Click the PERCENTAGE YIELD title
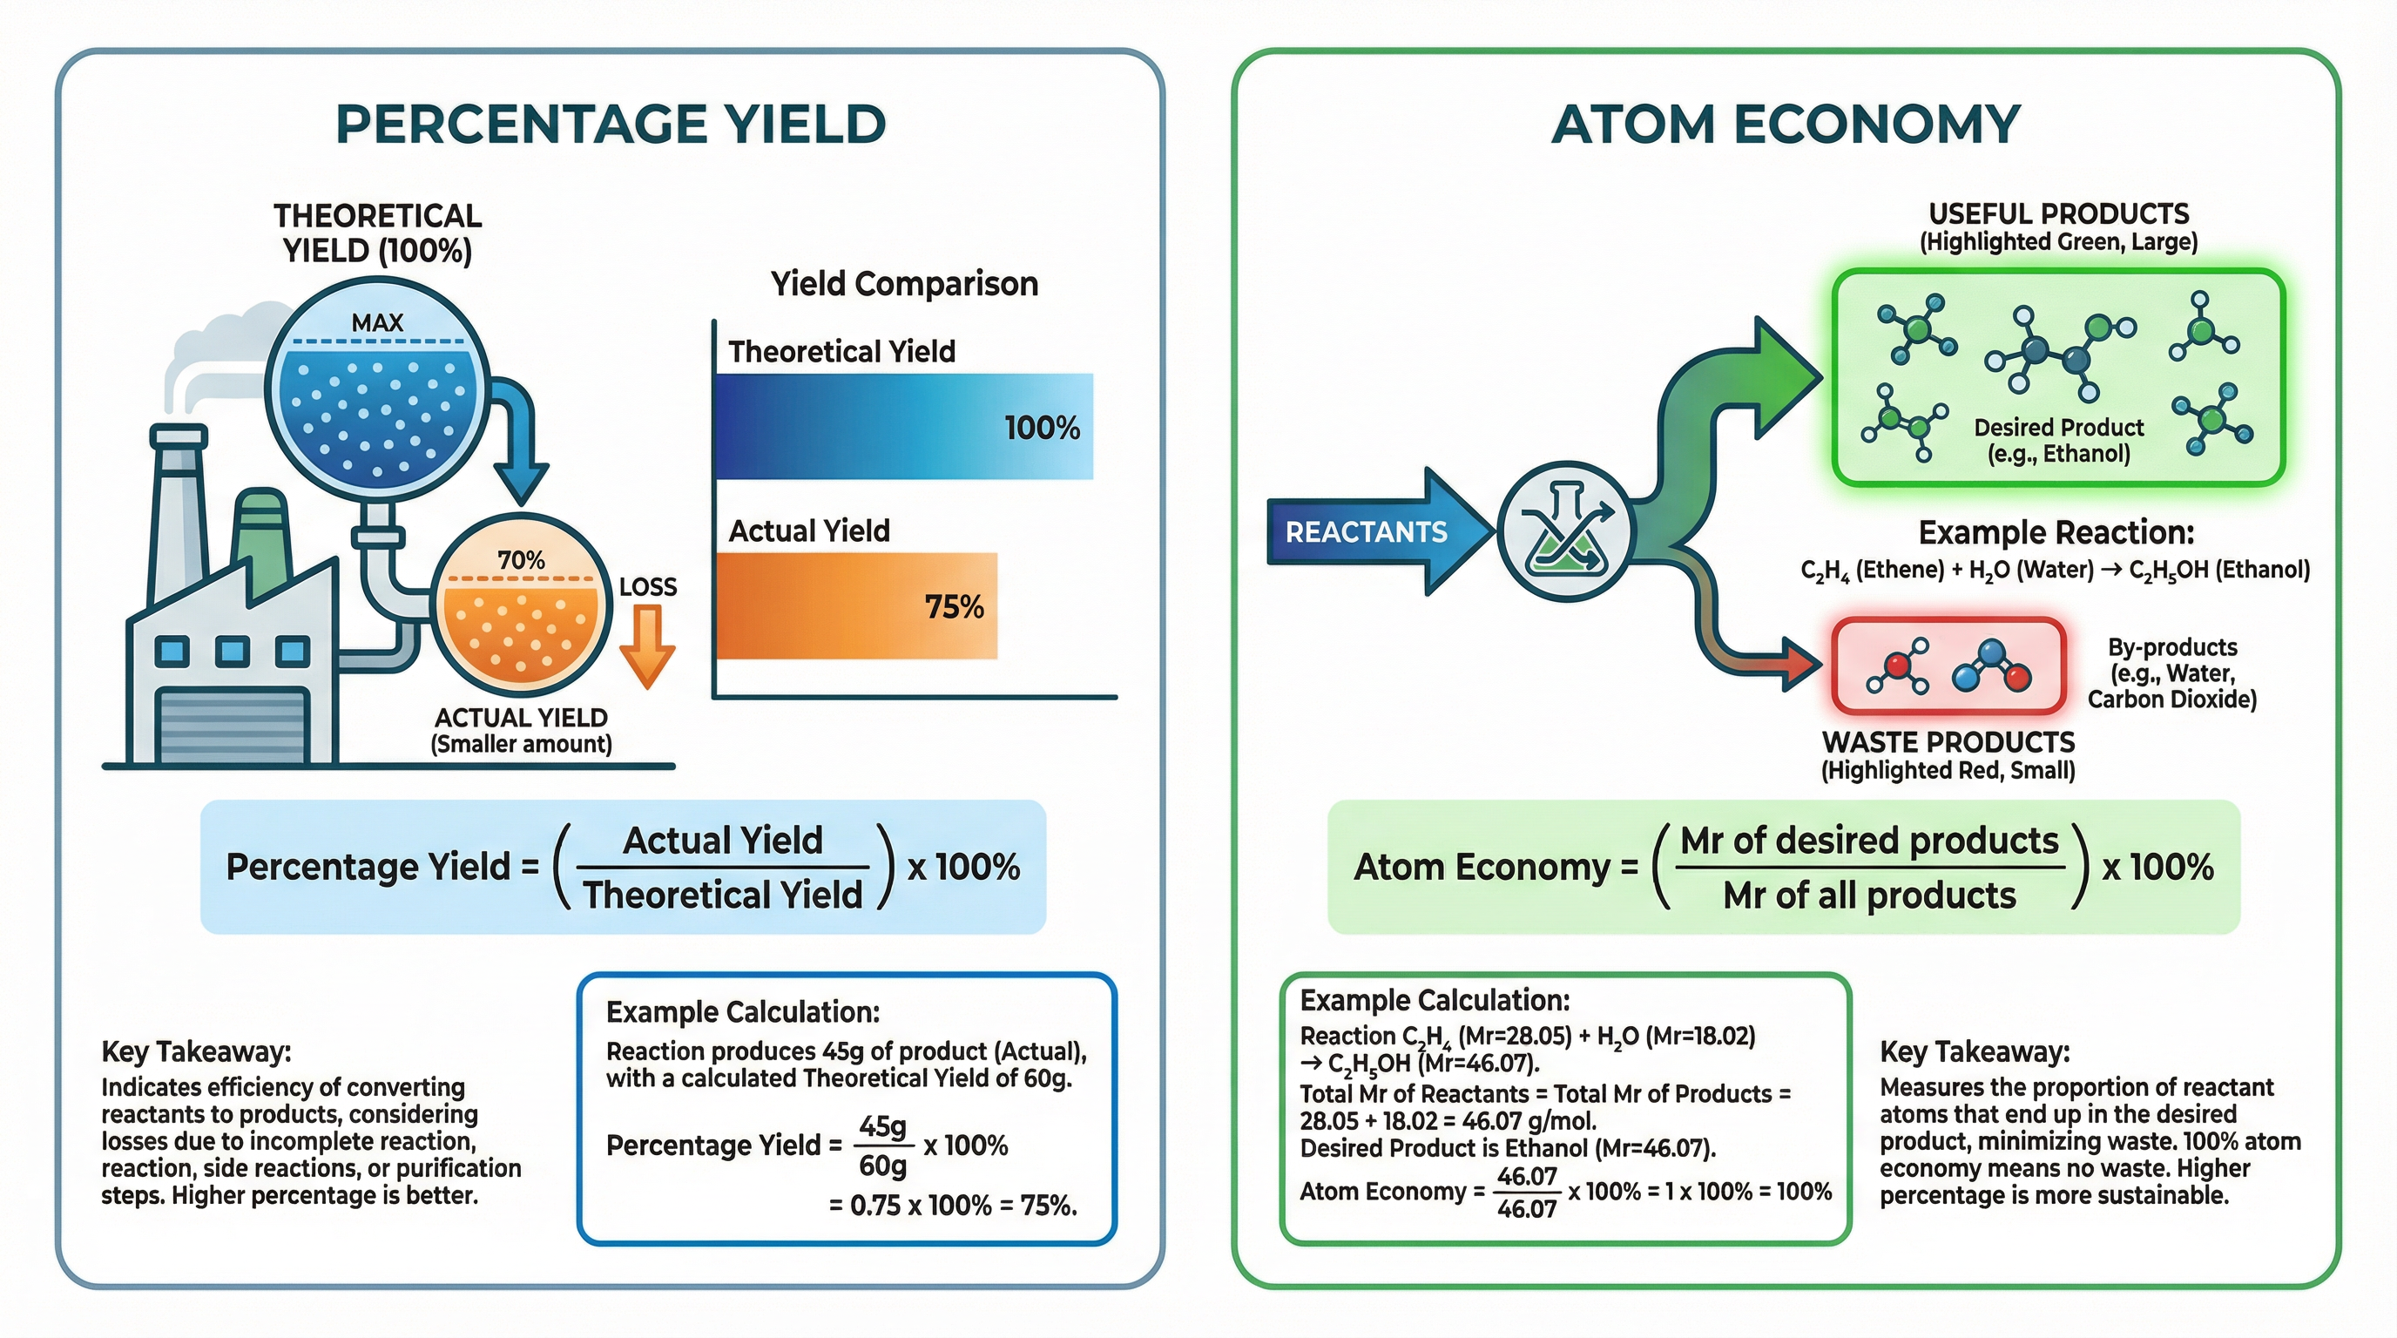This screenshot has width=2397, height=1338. (x=611, y=124)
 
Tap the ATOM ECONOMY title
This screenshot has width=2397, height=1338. (x=1786, y=124)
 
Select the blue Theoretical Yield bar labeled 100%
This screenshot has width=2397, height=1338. (x=902, y=426)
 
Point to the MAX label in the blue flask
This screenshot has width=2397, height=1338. (x=377, y=323)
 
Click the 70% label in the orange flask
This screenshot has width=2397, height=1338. (x=520, y=560)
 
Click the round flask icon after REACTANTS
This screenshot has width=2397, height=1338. (x=1566, y=531)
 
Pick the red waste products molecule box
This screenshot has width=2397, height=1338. (x=1948, y=666)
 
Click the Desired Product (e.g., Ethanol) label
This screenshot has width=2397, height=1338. (x=2058, y=440)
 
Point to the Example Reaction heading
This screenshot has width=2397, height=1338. (x=2056, y=532)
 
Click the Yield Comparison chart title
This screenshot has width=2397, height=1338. (x=903, y=283)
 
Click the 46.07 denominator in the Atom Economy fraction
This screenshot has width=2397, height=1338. (x=1526, y=1209)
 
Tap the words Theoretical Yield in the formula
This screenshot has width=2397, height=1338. (x=723, y=894)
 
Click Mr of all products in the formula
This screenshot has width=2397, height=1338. (x=1868, y=895)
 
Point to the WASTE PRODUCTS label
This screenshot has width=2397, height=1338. (x=1948, y=741)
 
